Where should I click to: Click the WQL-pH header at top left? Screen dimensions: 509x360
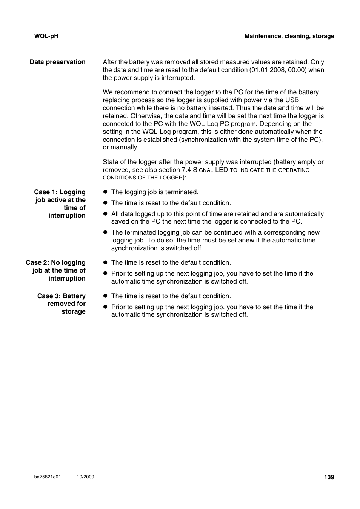[x=46, y=36]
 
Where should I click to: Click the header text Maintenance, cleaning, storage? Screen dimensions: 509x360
[x=289, y=36]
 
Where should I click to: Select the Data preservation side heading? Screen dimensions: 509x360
[x=58, y=62]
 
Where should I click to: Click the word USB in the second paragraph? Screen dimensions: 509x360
[x=292, y=100]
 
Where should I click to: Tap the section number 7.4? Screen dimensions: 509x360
[x=186, y=170]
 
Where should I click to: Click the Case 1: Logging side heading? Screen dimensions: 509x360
[x=60, y=192]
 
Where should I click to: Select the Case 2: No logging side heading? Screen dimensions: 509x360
[x=55, y=262]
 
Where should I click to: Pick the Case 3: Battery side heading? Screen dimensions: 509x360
[x=61, y=296]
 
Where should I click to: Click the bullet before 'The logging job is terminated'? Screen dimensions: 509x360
[x=106, y=192]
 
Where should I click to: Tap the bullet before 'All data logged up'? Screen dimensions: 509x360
[x=106, y=214]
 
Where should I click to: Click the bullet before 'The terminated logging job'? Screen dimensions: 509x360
[x=106, y=232]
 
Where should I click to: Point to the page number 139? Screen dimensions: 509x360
[x=329, y=477]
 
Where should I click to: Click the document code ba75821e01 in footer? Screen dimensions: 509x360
[x=48, y=477]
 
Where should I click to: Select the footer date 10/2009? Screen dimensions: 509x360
[x=85, y=477]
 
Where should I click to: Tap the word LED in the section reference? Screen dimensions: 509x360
[x=221, y=170]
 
